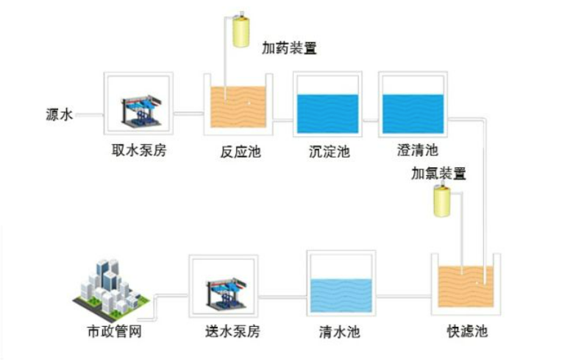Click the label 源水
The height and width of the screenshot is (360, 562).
[x=58, y=115]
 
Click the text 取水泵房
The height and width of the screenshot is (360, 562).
[x=139, y=152]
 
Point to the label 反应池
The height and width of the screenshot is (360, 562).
[x=241, y=153]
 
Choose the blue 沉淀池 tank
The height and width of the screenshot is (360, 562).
[x=327, y=112]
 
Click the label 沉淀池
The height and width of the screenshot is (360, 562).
[x=328, y=153]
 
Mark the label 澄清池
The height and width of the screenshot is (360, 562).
[x=417, y=152]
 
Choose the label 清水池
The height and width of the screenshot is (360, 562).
[x=340, y=332]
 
